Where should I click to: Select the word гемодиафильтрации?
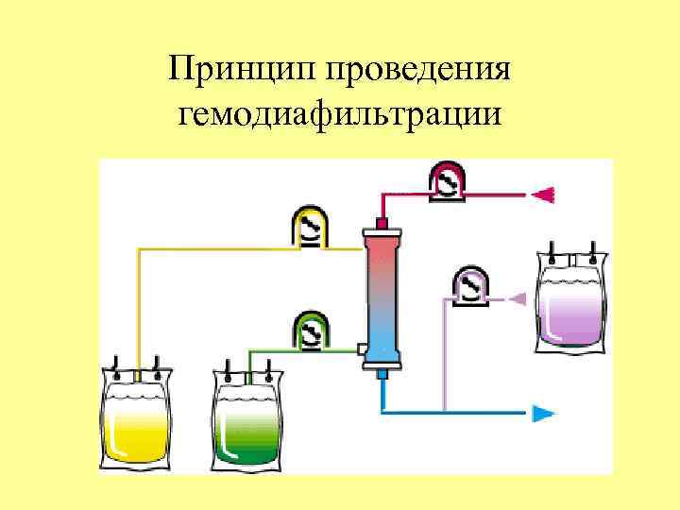click(x=339, y=115)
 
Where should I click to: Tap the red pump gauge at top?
click(x=447, y=180)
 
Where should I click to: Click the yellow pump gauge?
click(x=309, y=229)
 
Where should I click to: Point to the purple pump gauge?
click(x=469, y=285)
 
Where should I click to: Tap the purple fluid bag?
click(x=569, y=302)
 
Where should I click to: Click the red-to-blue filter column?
click(x=382, y=296)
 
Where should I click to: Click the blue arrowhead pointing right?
click(x=543, y=412)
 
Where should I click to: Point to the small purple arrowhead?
click(x=517, y=298)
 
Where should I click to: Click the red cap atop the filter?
click(x=382, y=223)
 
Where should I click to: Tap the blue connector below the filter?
click(x=382, y=375)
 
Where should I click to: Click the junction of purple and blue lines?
click(x=445, y=412)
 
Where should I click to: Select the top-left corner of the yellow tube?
click(x=140, y=249)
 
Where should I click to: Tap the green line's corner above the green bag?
click(x=249, y=350)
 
